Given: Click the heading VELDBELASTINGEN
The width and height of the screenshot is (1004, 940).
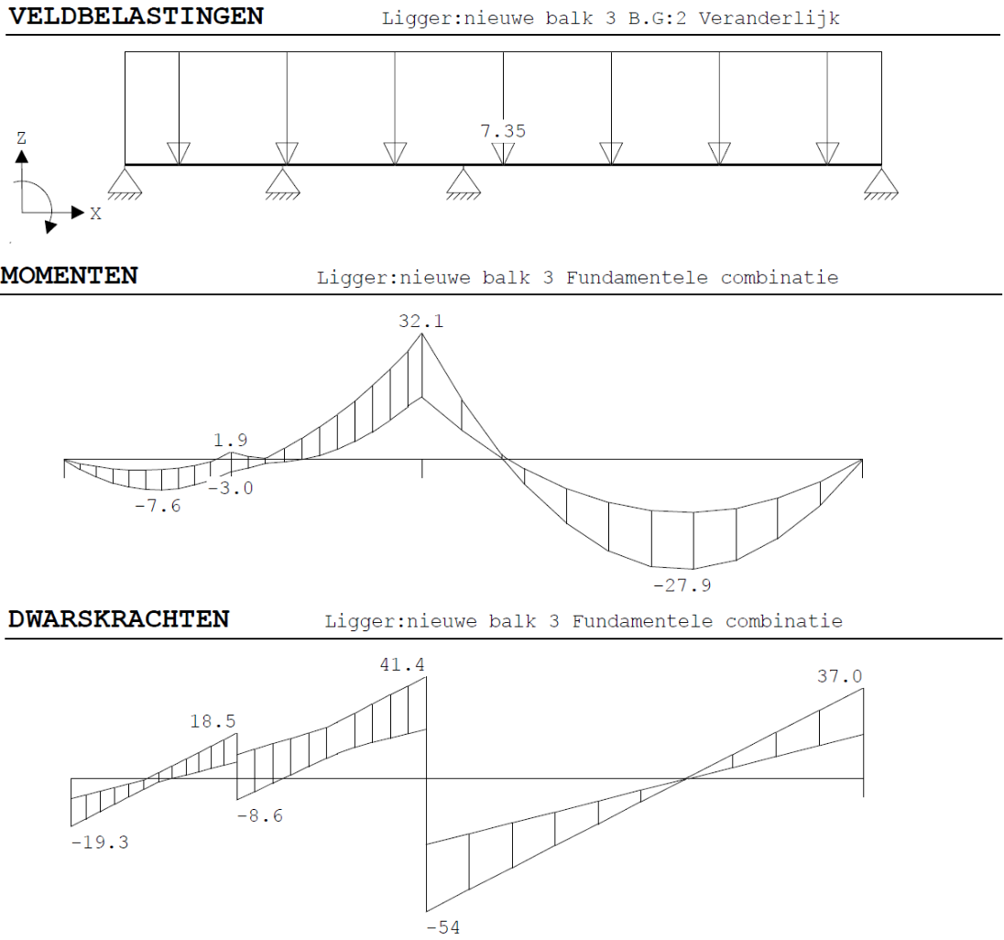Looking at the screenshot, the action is pyautogui.click(x=136, y=16).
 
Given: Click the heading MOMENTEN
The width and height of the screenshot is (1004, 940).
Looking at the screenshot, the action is pyautogui.click(x=69, y=276).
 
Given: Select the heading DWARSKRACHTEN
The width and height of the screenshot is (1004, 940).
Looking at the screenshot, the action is pyautogui.click(x=118, y=619).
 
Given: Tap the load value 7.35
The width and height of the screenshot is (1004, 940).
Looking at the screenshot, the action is pyautogui.click(x=503, y=131).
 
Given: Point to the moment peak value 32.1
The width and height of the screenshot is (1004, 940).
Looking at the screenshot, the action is pyautogui.click(x=421, y=321).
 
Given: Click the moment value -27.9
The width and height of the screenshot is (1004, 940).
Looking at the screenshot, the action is pyautogui.click(x=682, y=585).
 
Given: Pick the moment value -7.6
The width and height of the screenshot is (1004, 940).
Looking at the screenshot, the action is pyautogui.click(x=158, y=506).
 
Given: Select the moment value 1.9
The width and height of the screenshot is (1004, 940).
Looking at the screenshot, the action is pyautogui.click(x=231, y=440).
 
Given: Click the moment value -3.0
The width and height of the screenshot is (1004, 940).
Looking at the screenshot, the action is pyautogui.click(x=231, y=488).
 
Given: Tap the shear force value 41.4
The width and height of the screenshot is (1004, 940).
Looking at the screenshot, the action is pyautogui.click(x=402, y=664).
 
